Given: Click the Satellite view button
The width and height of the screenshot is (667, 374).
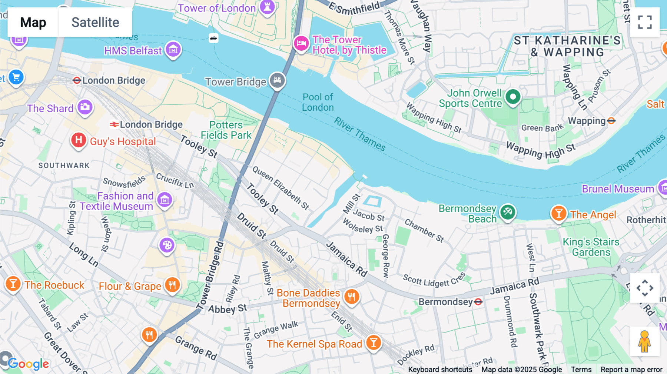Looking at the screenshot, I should (95, 22).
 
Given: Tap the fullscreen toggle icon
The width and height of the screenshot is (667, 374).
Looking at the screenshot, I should (645, 22).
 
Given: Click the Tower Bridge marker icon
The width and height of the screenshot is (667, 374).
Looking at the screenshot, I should (277, 80).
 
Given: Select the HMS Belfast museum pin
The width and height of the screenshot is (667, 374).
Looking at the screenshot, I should (173, 50).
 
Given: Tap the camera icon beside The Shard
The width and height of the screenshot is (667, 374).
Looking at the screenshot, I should (85, 107).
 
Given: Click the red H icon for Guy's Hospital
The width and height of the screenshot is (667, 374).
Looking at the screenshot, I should (79, 140).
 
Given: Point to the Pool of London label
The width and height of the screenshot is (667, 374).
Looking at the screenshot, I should (318, 102).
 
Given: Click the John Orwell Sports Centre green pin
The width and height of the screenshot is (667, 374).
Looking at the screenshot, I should (513, 97).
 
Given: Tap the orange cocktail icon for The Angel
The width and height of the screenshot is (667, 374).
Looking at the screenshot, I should (559, 214).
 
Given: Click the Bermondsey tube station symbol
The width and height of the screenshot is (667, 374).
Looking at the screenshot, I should (478, 302).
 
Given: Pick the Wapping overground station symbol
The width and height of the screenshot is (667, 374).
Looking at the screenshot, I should (611, 121).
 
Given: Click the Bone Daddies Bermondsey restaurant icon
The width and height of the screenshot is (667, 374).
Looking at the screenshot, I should (352, 297).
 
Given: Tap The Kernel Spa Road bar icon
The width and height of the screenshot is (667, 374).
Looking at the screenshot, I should (374, 343).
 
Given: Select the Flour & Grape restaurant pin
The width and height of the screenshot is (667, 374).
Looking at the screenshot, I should (172, 285).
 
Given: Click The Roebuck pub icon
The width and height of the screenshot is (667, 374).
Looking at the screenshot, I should (13, 284).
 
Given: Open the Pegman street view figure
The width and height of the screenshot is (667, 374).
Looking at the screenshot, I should (644, 341).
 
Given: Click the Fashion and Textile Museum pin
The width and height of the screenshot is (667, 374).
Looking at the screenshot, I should (165, 200).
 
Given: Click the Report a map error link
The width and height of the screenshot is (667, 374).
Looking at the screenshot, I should (631, 370).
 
